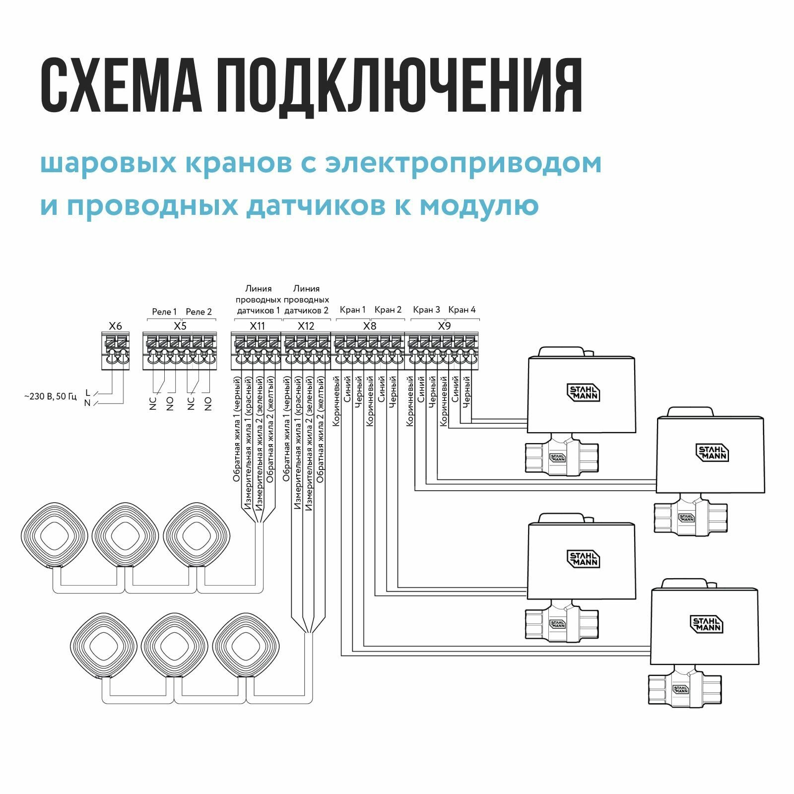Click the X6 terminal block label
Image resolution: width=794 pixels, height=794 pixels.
[x=115, y=326]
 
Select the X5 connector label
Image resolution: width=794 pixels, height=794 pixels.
[x=180, y=326]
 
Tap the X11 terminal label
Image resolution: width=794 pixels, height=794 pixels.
[x=257, y=326]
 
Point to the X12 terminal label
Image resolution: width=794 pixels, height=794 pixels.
[x=306, y=326]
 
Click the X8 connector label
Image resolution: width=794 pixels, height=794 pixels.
[x=370, y=326]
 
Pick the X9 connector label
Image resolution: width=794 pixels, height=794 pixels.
[x=444, y=326]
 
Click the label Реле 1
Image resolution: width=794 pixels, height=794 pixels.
[x=164, y=312]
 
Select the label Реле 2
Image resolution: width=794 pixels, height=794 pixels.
[x=198, y=312]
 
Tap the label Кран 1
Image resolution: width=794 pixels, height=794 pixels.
[x=352, y=310]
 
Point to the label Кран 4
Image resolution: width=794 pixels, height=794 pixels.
[x=462, y=310]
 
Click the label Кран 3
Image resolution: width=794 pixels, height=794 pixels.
[x=426, y=310]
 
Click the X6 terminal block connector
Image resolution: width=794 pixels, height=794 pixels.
[x=115, y=351]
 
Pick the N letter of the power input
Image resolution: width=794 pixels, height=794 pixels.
[x=87, y=403]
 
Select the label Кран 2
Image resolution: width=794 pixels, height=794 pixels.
[x=388, y=310]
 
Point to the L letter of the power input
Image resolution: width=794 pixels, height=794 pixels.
[x=88, y=393]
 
